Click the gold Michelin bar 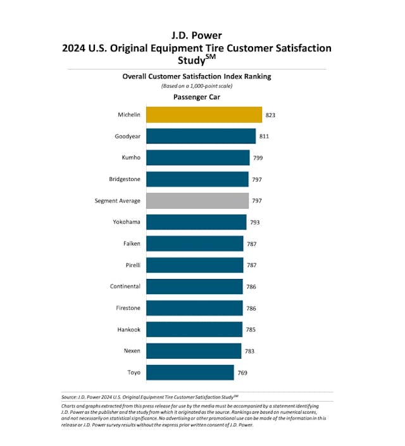pyautogui.click(x=204, y=115)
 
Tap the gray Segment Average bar pyautogui.click(x=197, y=201)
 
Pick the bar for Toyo pyautogui.click(x=190, y=373)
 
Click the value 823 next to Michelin pyautogui.click(x=271, y=115)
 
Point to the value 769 pyautogui.click(x=242, y=373)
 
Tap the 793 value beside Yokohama pyautogui.click(x=255, y=223)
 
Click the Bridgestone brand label pyautogui.click(x=125, y=179)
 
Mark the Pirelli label pyautogui.click(x=132, y=265)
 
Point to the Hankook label pyautogui.click(x=128, y=330)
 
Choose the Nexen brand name pyautogui.click(x=132, y=351)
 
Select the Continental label pyautogui.click(x=125, y=287)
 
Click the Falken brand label pyautogui.click(x=132, y=244)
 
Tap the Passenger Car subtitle pyautogui.click(x=197, y=97)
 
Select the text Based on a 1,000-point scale pyautogui.click(x=196, y=86)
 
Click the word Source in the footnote pyautogui.click(x=70, y=397)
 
